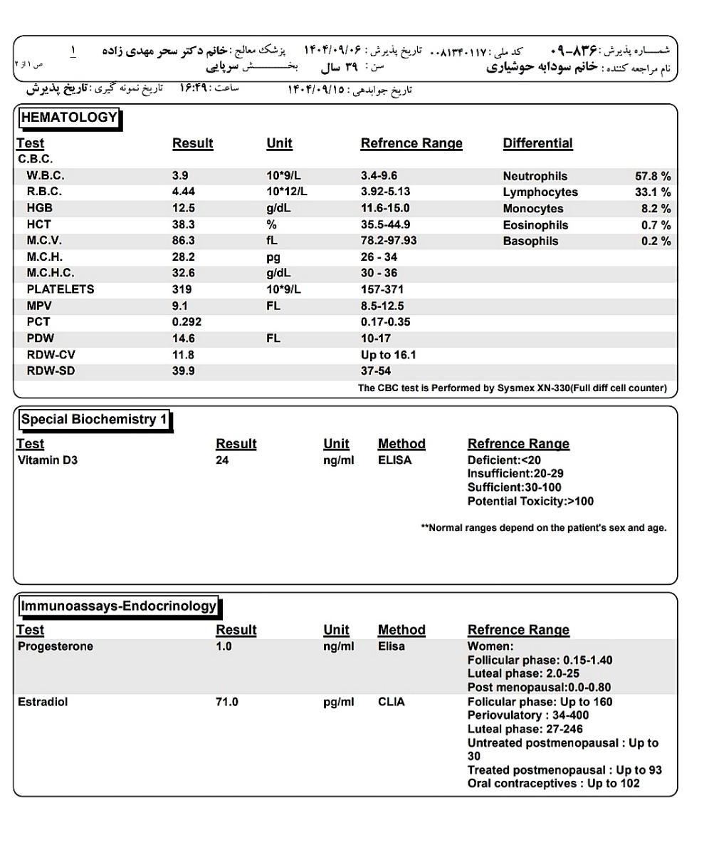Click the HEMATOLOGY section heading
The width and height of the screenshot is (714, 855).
point(68,118)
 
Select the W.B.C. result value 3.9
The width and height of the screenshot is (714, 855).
point(180,176)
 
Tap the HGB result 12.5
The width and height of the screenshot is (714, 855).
point(184,209)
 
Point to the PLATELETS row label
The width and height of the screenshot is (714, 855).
point(61,290)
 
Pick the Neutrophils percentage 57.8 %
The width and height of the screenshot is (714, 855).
point(653,176)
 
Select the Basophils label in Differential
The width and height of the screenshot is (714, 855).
point(530,242)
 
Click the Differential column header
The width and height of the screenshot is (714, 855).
point(537,143)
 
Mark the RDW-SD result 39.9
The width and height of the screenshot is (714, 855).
point(184,371)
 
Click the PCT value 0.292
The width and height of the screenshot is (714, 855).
point(187,322)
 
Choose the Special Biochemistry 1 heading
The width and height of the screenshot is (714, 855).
point(94,420)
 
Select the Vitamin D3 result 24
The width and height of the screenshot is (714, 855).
point(223,460)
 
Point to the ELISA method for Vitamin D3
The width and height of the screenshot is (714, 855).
point(394,460)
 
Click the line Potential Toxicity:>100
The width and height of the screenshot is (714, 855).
point(530,502)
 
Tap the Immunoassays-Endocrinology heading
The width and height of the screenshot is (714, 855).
point(118,606)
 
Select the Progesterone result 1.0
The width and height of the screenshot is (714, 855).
point(224,647)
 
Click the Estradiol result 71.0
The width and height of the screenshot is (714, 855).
point(226,702)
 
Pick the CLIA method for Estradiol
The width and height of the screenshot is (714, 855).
point(391,702)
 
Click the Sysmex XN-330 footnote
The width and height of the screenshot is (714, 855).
point(513,388)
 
